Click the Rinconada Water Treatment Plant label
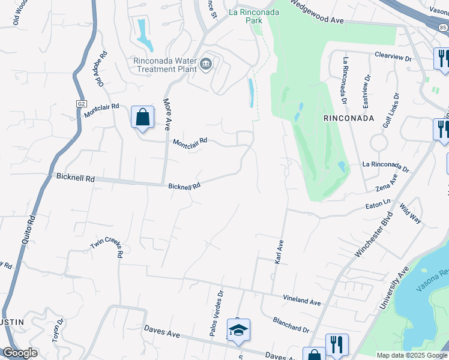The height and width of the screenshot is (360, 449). (x=164, y=65)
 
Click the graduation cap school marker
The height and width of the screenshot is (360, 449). (x=238, y=331)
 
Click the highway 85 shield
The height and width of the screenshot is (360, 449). (x=443, y=26)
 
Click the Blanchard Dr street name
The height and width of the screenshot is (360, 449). (x=290, y=325)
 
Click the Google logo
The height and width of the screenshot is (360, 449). (x=20, y=353)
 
